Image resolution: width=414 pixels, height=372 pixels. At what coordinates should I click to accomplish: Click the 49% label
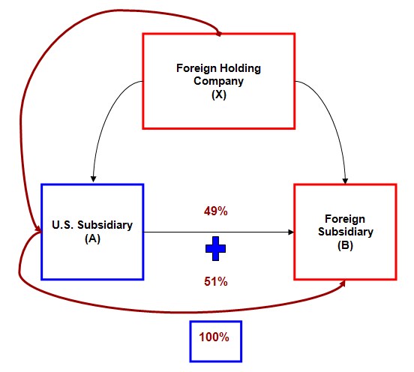(215, 211)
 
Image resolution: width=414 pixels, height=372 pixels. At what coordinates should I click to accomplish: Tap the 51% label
(215, 281)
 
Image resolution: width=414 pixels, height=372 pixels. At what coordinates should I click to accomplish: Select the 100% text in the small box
(214, 337)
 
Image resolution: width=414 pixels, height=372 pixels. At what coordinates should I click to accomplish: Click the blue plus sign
(215, 248)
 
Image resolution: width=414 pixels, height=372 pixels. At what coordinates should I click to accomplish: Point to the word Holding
(240, 68)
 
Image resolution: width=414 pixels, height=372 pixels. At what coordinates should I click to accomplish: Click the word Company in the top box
(218, 81)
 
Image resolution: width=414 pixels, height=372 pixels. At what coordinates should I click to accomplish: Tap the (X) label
(219, 94)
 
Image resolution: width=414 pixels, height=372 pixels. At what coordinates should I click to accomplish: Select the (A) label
(93, 238)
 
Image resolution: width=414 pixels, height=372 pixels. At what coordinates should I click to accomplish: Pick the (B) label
(345, 245)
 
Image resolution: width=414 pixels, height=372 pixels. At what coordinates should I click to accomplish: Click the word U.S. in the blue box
(63, 225)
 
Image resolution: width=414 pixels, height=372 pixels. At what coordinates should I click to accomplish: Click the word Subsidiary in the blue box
(105, 225)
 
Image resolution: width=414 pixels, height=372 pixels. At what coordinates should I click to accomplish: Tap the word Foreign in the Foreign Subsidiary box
(345, 219)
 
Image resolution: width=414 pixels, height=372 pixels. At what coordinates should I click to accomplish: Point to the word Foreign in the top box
(196, 68)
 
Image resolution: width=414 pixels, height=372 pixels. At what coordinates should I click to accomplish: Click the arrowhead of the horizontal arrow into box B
(291, 232)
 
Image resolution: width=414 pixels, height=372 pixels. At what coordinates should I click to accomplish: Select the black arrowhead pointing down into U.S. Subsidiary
(93, 178)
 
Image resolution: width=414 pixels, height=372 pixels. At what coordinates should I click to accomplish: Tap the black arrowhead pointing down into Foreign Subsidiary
(345, 181)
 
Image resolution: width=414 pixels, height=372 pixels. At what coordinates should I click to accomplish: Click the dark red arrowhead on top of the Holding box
(219, 34)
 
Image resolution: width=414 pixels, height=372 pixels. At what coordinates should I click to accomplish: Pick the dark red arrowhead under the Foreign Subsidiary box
(343, 283)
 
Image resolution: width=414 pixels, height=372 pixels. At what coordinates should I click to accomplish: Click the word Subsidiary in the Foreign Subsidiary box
(346, 232)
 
